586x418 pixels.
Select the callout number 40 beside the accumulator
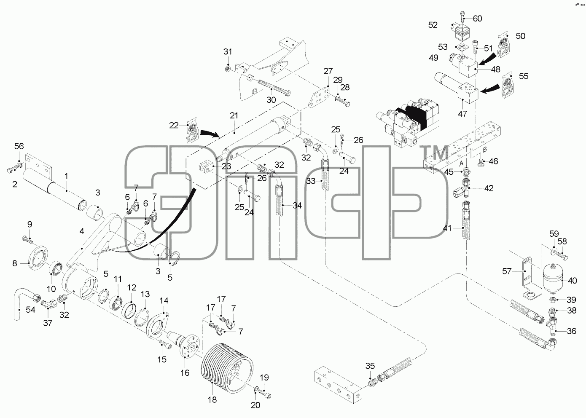573,281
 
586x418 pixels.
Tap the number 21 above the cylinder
234,115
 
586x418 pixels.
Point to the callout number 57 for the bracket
507,271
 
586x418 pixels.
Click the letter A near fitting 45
462,163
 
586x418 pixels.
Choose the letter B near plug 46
485,150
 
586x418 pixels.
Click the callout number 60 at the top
477,19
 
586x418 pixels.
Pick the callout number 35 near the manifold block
370,366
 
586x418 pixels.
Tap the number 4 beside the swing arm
82,231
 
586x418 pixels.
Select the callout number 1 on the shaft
66,176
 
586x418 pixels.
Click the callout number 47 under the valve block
462,114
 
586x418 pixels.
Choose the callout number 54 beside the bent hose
30,310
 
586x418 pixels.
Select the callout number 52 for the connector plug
433,25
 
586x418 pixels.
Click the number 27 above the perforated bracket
328,71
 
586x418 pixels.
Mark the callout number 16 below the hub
185,372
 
